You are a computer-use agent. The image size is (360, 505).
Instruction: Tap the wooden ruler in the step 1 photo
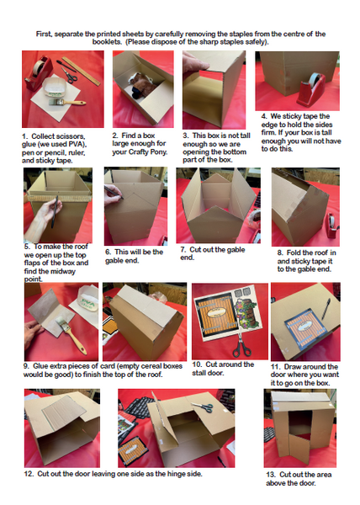[x=81, y=72]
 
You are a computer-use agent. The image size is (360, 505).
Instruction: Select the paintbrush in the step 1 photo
[x=67, y=103]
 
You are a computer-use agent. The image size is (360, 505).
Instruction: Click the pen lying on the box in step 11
[x=326, y=309]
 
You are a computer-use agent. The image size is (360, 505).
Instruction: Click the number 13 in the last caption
[x=271, y=475]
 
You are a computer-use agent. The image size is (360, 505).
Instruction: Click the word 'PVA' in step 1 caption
[x=76, y=144]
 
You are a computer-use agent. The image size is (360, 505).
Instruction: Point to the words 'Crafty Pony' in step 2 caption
[x=148, y=151]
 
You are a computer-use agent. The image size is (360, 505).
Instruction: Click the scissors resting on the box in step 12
[x=202, y=407]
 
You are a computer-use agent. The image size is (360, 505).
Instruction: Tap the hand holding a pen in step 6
[x=114, y=194]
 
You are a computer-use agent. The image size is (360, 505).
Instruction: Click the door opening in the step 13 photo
[x=299, y=423]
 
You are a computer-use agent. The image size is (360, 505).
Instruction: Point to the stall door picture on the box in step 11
[x=305, y=328]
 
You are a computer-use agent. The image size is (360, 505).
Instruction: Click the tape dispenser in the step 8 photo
[x=331, y=226]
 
